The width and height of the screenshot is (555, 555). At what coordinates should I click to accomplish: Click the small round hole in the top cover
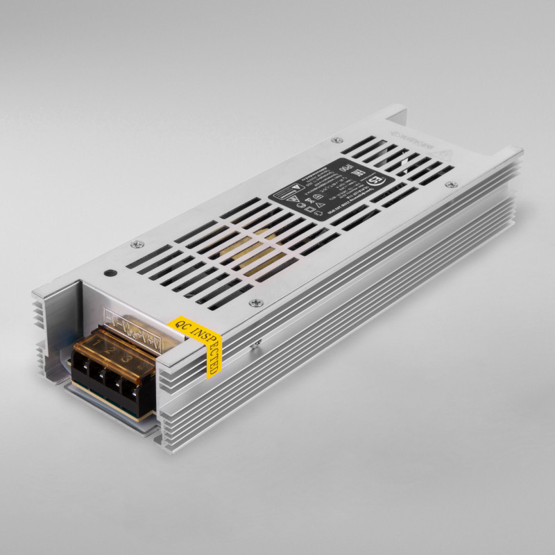[x=109, y=273]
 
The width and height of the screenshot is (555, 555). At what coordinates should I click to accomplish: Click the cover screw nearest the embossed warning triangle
[x=452, y=184]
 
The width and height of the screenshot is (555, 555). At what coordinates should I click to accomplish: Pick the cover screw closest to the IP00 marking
[x=338, y=141]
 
